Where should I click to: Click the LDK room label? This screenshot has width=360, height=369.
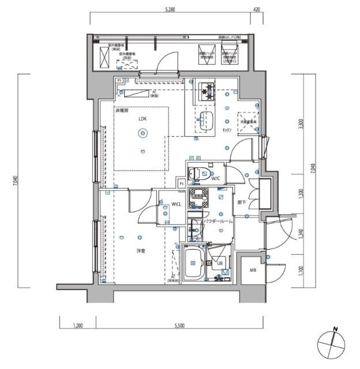[x=141, y=119]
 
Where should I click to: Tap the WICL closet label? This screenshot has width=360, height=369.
[x=177, y=204]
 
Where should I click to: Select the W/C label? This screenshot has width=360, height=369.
[x=216, y=178]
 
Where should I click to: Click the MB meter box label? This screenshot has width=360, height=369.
[x=253, y=271]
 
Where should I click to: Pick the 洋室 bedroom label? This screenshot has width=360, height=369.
[x=141, y=251]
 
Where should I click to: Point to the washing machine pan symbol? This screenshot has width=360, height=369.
[x=199, y=195]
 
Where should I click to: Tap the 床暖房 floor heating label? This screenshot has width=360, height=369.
[x=120, y=110]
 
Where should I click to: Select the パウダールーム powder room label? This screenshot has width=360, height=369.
[x=219, y=221]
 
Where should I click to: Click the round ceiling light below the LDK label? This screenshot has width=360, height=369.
[x=141, y=134]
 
